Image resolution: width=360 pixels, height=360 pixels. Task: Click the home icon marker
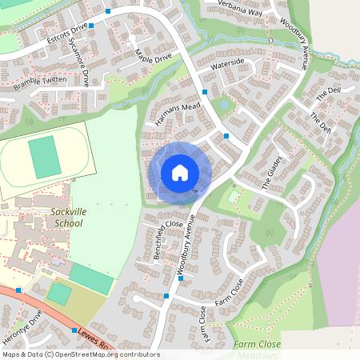click(x=180, y=172)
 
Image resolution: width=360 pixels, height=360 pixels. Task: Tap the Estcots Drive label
click(x=67, y=33)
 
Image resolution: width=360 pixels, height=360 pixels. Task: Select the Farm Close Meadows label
click(x=258, y=350)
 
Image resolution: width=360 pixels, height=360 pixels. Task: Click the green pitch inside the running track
click(x=46, y=157)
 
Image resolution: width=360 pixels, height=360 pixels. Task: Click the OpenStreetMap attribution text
click(x=80, y=354)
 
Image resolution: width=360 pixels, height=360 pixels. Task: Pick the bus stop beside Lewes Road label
click(x=74, y=330)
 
